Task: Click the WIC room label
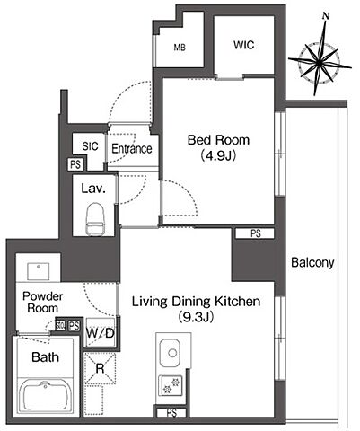coord(244,45)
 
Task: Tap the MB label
coord(180,48)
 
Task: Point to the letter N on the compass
coord(326,16)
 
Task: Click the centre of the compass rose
coord(320,64)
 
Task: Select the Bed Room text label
coord(218,140)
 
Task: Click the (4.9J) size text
coord(218,155)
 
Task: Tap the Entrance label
coord(132,149)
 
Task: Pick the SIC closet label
coord(90,146)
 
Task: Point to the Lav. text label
coord(93,189)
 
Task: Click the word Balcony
coord(312,263)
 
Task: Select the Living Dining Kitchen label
coord(197,302)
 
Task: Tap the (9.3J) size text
coord(196,317)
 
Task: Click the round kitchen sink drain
coord(172,353)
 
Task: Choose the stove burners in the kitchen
coord(171,385)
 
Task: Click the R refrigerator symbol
coord(100,368)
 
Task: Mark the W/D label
coord(100,333)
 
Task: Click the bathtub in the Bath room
coord(46,397)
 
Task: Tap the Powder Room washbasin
coord(38,272)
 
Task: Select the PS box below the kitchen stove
coord(171,413)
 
